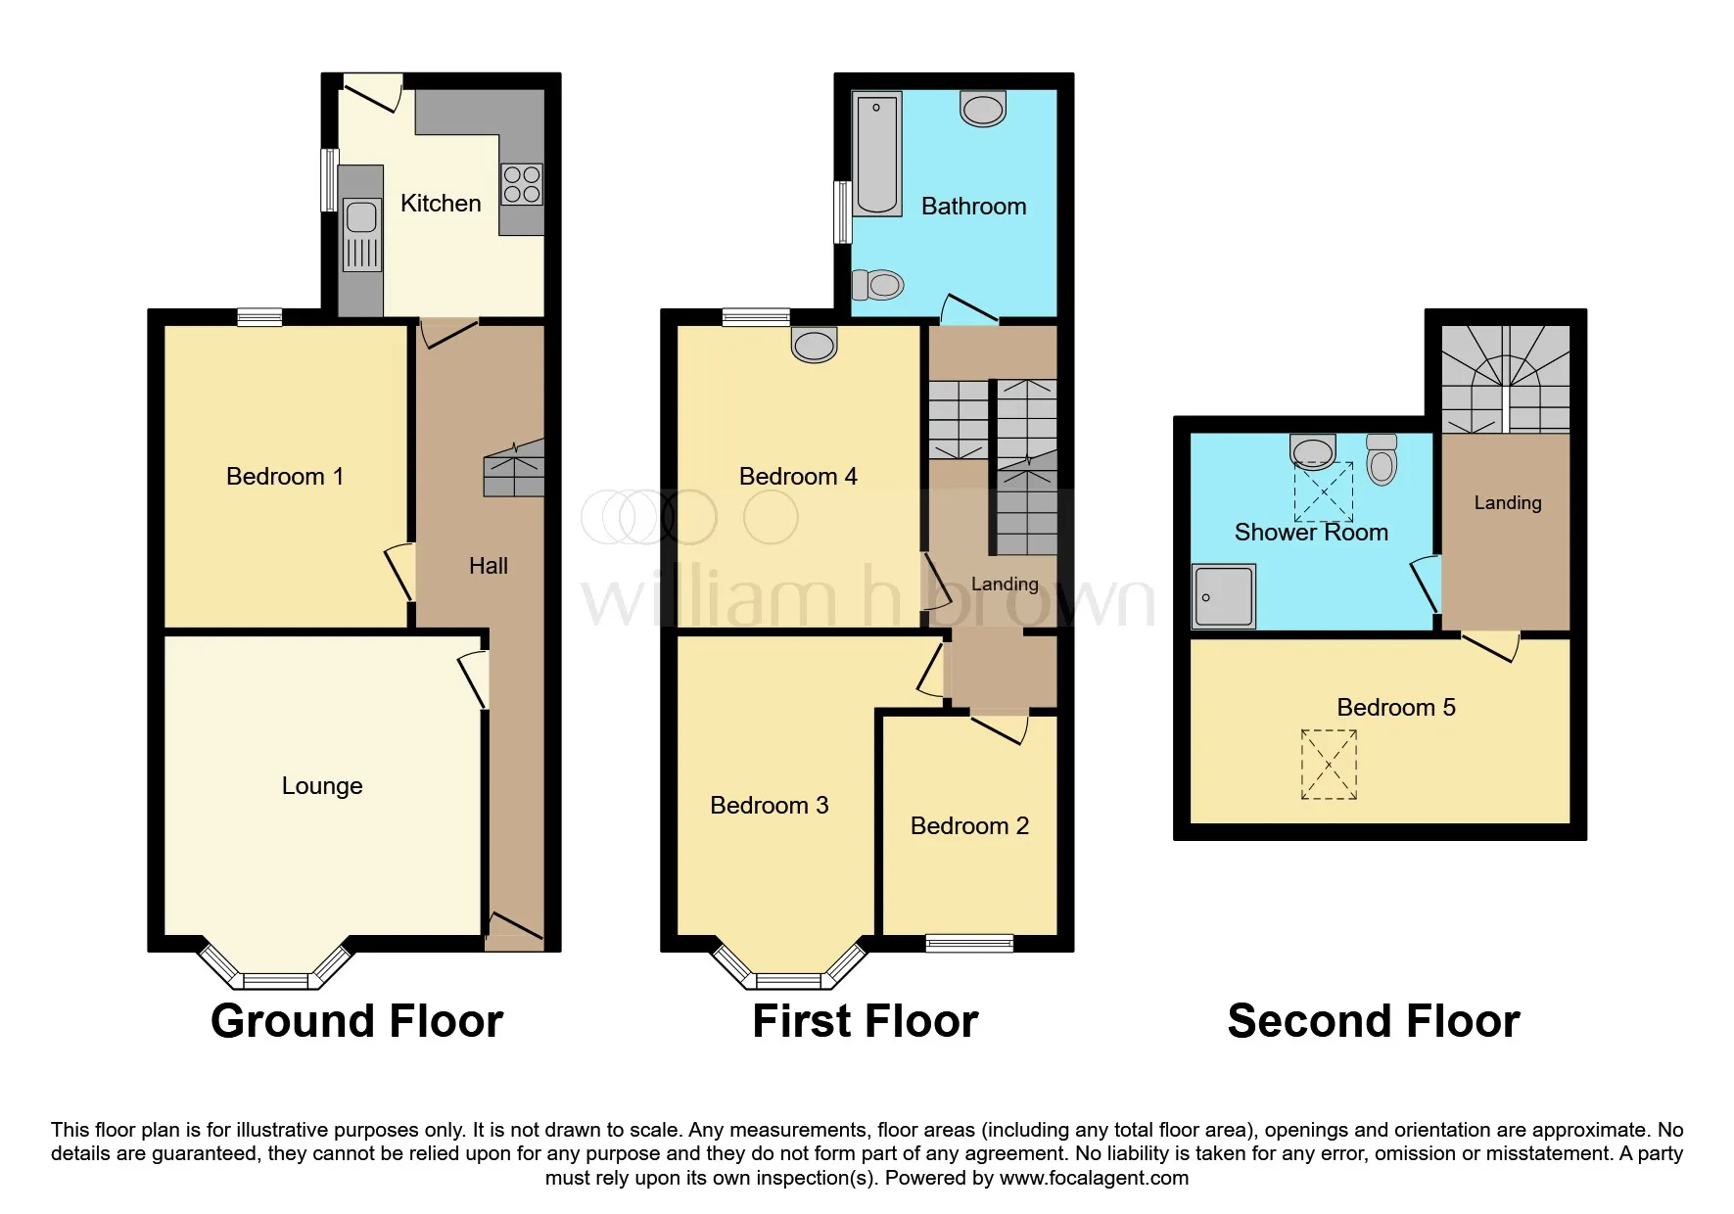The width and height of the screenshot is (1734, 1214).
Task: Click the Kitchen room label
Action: point(441,204)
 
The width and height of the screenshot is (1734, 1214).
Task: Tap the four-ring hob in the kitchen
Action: point(522,185)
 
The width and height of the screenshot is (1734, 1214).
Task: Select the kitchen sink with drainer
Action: point(361,235)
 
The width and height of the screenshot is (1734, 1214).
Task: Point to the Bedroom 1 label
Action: point(285,477)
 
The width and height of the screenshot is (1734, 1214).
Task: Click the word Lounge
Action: point(322,786)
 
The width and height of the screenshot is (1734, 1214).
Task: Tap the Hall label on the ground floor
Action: point(489,566)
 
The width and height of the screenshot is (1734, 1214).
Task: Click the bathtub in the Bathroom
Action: point(876,154)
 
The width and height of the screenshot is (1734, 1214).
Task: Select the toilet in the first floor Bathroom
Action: point(877,285)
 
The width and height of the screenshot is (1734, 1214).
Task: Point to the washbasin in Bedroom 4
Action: point(814,345)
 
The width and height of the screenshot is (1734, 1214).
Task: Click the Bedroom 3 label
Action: point(770,806)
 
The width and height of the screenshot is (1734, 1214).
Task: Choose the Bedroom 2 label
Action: point(969,826)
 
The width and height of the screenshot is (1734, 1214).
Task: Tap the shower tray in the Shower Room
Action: point(1224,596)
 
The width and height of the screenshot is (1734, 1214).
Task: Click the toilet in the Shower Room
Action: point(1382,459)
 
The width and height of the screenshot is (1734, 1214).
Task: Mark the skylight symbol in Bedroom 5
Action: point(1329,765)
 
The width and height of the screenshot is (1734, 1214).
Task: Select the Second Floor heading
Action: point(1374,1021)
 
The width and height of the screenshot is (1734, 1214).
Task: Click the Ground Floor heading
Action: point(356,1021)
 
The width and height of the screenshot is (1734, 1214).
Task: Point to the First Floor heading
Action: point(866,1021)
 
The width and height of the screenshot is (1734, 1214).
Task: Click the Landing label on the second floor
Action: point(1508,503)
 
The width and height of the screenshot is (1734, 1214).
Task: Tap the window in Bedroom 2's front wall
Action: point(969,943)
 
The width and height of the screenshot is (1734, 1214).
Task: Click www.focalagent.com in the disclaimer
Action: point(1094,1178)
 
